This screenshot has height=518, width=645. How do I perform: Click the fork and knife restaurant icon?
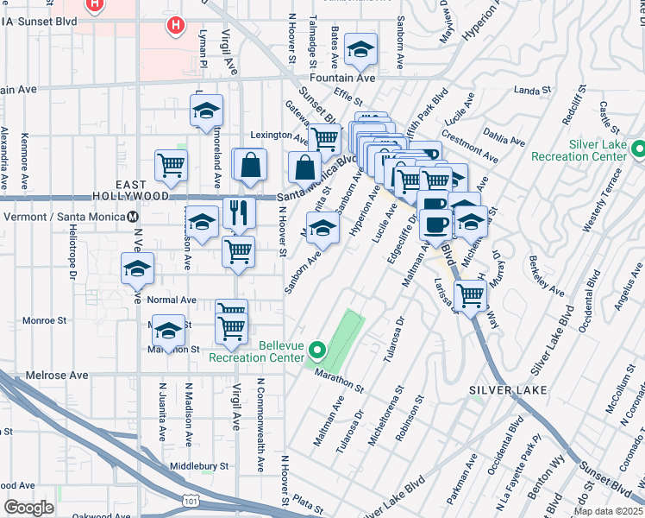coord(239,212)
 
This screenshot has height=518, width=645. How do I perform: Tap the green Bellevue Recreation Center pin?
coord(316,351)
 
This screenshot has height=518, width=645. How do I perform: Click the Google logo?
coord(28,508)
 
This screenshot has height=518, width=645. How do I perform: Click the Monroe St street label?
coord(45,320)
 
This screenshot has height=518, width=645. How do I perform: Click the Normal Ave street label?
coord(172,300)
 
